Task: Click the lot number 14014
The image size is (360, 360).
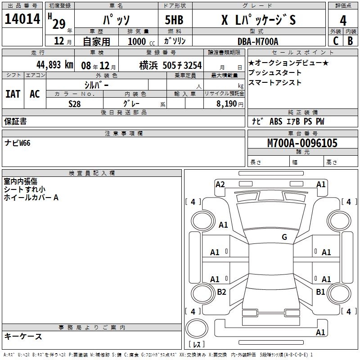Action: (22, 19)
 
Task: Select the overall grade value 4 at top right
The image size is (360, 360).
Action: (343, 21)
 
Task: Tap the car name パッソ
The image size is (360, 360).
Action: (116, 20)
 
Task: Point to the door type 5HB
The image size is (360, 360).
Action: (174, 20)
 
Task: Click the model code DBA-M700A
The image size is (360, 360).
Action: (258, 41)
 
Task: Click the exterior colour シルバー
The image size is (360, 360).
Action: (96, 85)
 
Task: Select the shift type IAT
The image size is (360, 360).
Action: (13, 94)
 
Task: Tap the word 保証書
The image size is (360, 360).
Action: (15, 121)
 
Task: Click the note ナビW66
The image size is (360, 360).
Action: (18, 143)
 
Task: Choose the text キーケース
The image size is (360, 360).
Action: (23, 336)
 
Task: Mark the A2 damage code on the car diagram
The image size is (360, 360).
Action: (220, 184)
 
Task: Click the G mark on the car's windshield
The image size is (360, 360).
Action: (284, 237)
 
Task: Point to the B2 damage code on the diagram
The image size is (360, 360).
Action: (221, 292)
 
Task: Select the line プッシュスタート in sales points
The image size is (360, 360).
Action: (275, 72)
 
